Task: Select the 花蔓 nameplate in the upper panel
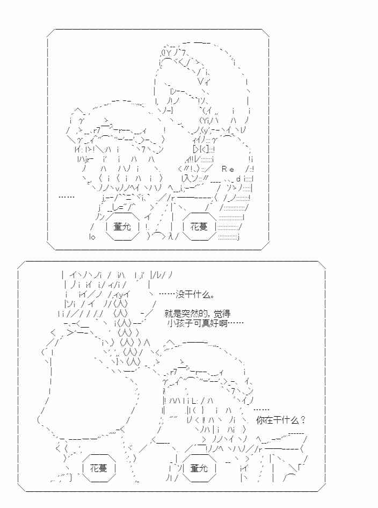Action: [x=199, y=226]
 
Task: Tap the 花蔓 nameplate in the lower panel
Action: [x=98, y=468]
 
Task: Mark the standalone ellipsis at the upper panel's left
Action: [x=67, y=198]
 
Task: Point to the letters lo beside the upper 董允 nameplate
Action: [x=92, y=237]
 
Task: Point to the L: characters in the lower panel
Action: [x=195, y=400]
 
